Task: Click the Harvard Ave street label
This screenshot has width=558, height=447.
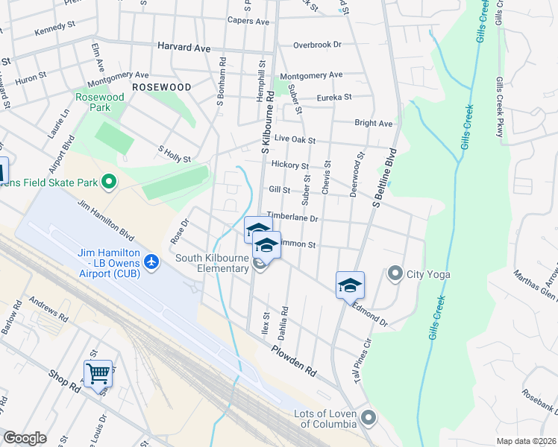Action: click(x=184, y=46)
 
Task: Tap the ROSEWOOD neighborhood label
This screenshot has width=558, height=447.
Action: click(x=160, y=87)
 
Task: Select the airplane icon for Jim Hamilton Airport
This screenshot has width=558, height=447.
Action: click(x=152, y=261)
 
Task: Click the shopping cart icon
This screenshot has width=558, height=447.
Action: click(x=98, y=372)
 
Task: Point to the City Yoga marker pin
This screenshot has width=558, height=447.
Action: click(x=395, y=273)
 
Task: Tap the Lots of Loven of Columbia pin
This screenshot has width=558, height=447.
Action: click(x=366, y=418)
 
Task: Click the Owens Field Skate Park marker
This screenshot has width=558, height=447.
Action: click(x=109, y=182)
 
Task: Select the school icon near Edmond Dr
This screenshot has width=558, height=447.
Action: click(x=349, y=285)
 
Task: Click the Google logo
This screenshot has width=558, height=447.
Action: click(x=25, y=438)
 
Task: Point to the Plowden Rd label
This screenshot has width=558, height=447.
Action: click(x=294, y=360)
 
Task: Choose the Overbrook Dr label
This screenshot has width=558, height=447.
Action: click(x=317, y=45)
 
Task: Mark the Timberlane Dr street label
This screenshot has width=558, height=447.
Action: click(x=293, y=218)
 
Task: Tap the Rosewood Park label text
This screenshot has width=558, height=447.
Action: click(x=99, y=102)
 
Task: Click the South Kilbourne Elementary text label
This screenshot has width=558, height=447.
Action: click(x=212, y=264)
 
